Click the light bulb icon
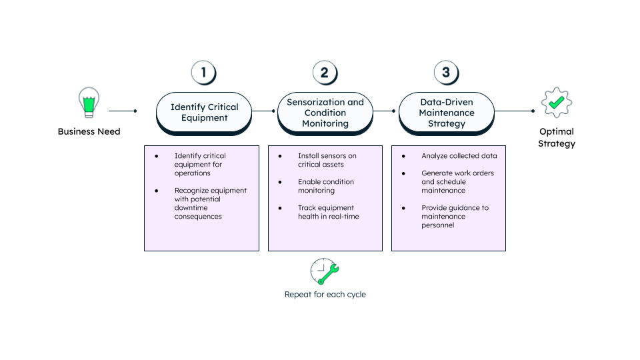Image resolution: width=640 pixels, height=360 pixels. [x=89, y=103]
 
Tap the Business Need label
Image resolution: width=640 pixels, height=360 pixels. [x=89, y=131]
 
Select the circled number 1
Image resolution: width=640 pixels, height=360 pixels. [x=203, y=73]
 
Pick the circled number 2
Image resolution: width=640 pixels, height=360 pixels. [x=325, y=73]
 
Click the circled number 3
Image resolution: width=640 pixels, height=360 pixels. [x=446, y=73]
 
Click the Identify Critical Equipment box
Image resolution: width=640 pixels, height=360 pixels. [x=204, y=112]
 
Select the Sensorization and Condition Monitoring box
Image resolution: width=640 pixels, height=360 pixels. [x=325, y=112]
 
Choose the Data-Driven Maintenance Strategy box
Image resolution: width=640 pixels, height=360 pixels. [x=447, y=112]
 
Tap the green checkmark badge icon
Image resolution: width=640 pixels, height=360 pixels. [x=557, y=103]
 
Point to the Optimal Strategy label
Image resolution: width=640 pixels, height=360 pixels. [x=557, y=137]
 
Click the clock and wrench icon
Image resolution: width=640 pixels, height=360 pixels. [x=325, y=271]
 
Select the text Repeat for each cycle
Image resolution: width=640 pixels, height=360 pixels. [x=325, y=294]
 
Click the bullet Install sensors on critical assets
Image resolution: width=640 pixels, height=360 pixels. [x=327, y=160]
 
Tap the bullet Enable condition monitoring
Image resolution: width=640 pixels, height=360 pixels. [x=325, y=186]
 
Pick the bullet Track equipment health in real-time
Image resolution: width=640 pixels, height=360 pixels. [x=328, y=212]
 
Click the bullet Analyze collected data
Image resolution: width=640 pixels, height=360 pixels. [x=459, y=156]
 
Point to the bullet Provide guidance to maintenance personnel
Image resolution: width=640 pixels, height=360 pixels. [x=455, y=217]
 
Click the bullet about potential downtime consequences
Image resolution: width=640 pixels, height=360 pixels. [x=210, y=203]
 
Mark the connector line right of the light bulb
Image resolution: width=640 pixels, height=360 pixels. [x=122, y=111]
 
